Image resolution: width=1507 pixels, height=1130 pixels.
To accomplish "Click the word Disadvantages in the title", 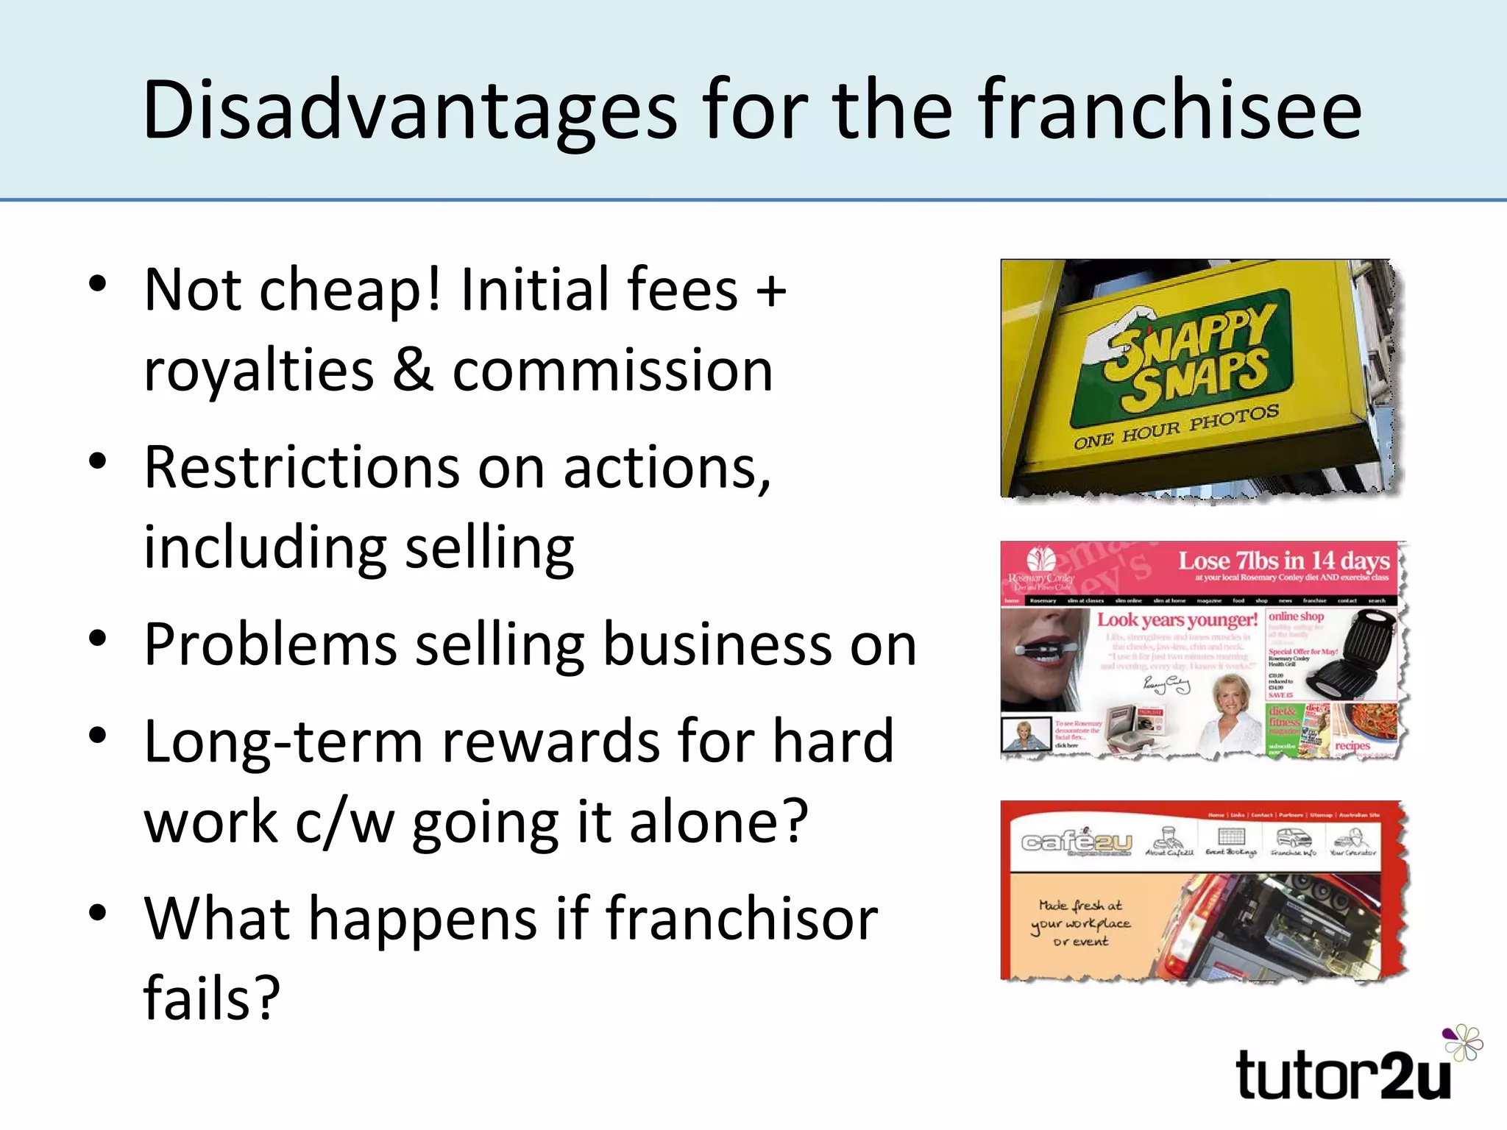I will tap(409, 110).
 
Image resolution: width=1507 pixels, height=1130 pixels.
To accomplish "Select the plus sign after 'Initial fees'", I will tap(771, 291).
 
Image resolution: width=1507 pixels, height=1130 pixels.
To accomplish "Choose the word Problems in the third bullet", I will tap(270, 645).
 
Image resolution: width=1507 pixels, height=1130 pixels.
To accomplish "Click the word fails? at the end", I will tap(212, 999).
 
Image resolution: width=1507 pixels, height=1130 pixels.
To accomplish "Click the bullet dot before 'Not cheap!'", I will tap(98, 284).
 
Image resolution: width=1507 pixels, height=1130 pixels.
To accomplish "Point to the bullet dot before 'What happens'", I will tap(98, 913).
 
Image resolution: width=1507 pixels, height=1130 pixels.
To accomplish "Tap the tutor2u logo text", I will tap(1344, 1076).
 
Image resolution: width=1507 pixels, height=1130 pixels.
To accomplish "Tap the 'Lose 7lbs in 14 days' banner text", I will tap(1283, 561).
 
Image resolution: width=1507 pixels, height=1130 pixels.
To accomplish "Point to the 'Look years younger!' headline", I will tap(1177, 620).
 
